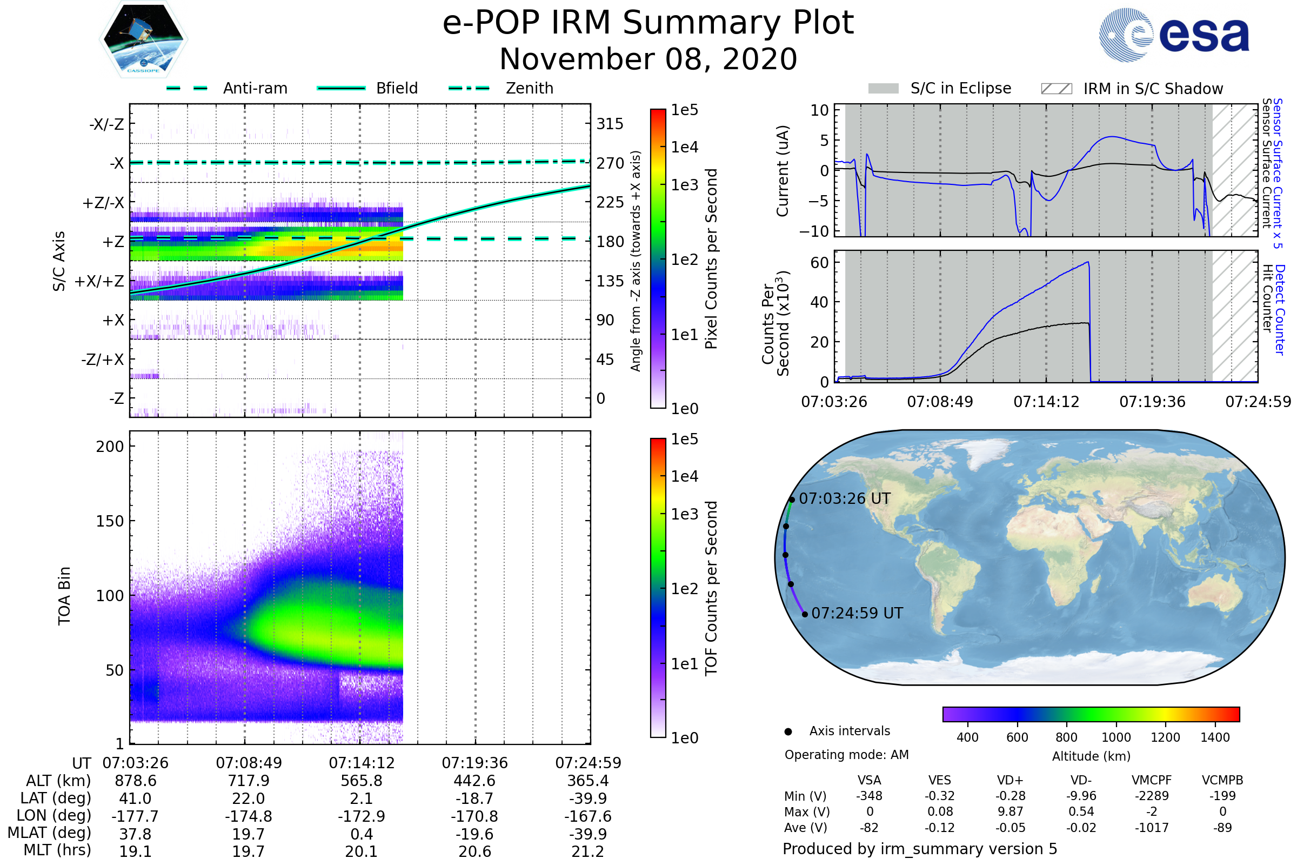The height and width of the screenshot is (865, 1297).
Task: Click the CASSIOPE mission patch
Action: pos(143,39)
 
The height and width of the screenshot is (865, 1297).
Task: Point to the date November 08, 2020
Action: pos(648,59)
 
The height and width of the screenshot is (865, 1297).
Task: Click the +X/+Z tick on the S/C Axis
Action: pos(99,281)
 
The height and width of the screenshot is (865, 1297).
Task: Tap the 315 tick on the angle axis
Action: pos(610,124)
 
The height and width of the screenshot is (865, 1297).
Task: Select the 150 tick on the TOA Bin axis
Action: pos(110,521)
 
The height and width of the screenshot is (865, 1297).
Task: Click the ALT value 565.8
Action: pos(362,781)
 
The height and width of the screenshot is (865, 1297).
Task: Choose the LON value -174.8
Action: pos(249,816)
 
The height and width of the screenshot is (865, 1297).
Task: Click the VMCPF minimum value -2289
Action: pos(1152,796)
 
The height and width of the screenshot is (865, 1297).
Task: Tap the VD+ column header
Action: pos(1010,780)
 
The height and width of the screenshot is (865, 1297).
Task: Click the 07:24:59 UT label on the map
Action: pos(857,614)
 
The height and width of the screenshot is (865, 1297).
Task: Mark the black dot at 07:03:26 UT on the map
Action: pos(792,500)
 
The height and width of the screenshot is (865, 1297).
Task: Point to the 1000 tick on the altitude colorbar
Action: pos(1116,737)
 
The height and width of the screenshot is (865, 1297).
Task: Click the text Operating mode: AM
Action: pos(846,755)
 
